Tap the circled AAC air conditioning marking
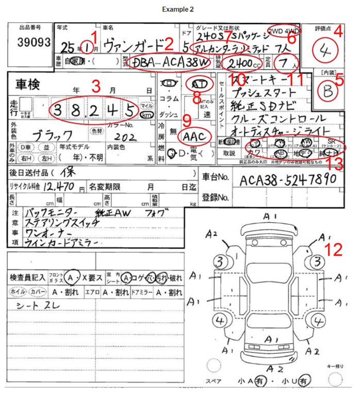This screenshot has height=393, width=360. coord(195,136)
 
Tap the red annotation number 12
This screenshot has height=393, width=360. coord(335,250)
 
